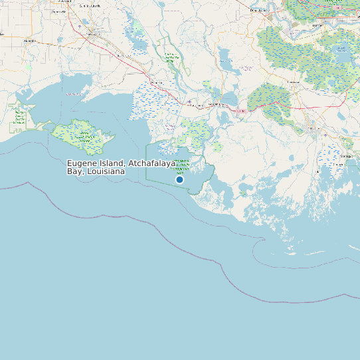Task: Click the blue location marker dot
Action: click(179, 179)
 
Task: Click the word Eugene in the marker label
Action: click(82, 163)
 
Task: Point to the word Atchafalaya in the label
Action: click(152, 163)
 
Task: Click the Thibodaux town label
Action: click(293, 82)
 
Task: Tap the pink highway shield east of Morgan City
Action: click(241, 111)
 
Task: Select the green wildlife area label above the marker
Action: click(183, 166)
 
